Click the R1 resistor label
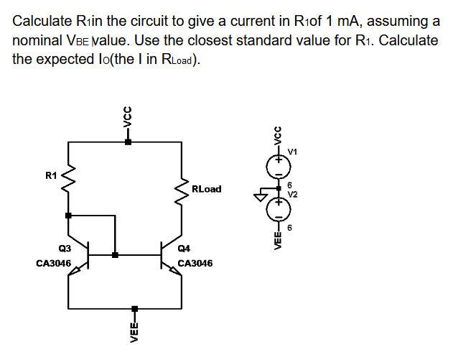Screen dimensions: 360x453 point(50,174)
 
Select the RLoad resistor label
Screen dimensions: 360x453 point(207,190)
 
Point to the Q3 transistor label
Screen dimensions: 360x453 point(64,248)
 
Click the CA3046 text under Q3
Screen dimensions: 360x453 point(53,264)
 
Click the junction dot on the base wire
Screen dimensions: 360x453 point(116,254)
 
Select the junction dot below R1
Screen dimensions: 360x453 point(69,215)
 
